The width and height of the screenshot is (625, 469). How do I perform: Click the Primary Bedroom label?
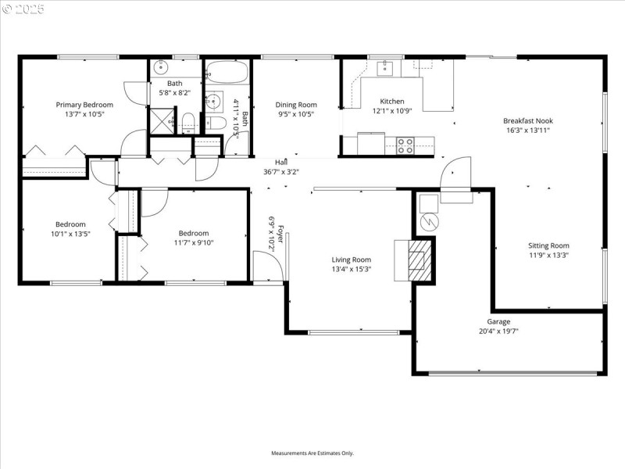tap(84, 105)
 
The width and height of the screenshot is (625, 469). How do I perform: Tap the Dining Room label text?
tap(296, 105)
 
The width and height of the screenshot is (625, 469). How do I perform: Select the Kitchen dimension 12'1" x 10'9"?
tap(392, 111)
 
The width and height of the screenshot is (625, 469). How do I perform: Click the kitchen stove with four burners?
tap(405, 145)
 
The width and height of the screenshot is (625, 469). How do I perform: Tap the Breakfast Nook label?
tap(528, 121)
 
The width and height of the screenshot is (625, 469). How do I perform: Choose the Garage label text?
tap(499, 321)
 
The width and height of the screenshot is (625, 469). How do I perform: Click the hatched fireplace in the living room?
tap(420, 258)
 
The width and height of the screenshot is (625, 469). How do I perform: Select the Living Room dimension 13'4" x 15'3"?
tap(352, 269)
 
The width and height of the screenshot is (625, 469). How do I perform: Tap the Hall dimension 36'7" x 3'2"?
tap(281, 171)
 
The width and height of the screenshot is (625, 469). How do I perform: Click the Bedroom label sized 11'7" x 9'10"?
tap(194, 233)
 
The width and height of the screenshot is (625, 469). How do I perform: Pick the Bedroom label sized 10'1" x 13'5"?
tap(70, 224)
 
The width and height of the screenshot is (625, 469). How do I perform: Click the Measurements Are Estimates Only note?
tap(312, 453)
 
